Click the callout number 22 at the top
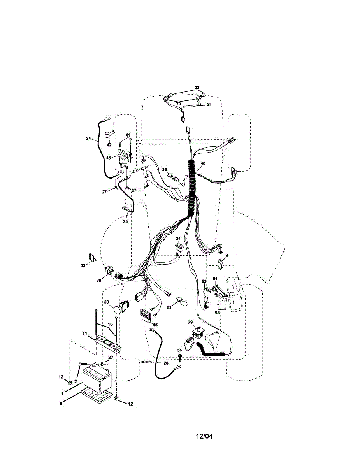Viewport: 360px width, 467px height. point(197,88)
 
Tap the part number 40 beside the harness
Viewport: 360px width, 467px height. point(203,163)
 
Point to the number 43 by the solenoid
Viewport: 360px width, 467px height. point(108,157)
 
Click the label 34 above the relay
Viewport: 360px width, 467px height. point(178,238)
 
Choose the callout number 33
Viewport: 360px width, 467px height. point(83,265)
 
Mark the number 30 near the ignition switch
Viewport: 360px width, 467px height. point(98,279)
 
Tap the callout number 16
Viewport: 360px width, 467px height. point(226,256)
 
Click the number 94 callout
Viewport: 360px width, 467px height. point(215,278)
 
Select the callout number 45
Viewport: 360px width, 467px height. point(155,325)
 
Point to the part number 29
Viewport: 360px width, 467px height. point(190,322)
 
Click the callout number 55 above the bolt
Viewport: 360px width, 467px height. point(180,350)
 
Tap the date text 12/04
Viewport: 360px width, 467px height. point(204,436)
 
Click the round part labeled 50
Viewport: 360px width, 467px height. point(117,310)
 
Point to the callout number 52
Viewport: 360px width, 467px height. point(169,307)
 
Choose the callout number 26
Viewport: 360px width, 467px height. point(164,169)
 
